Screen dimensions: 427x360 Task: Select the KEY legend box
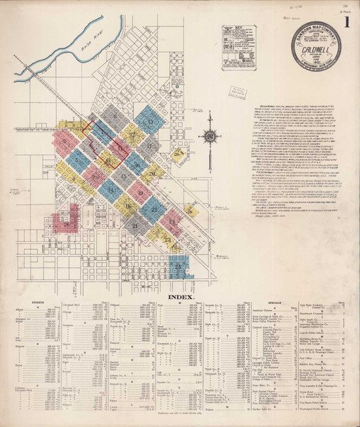[238, 48]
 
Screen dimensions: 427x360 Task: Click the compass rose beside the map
[211, 137]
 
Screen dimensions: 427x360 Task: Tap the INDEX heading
[182, 294]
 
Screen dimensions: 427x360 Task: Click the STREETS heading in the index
[41, 302]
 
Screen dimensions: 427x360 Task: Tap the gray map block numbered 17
[149, 147]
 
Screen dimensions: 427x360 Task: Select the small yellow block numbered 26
[190, 211]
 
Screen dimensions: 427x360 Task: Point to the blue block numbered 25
[179, 265]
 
